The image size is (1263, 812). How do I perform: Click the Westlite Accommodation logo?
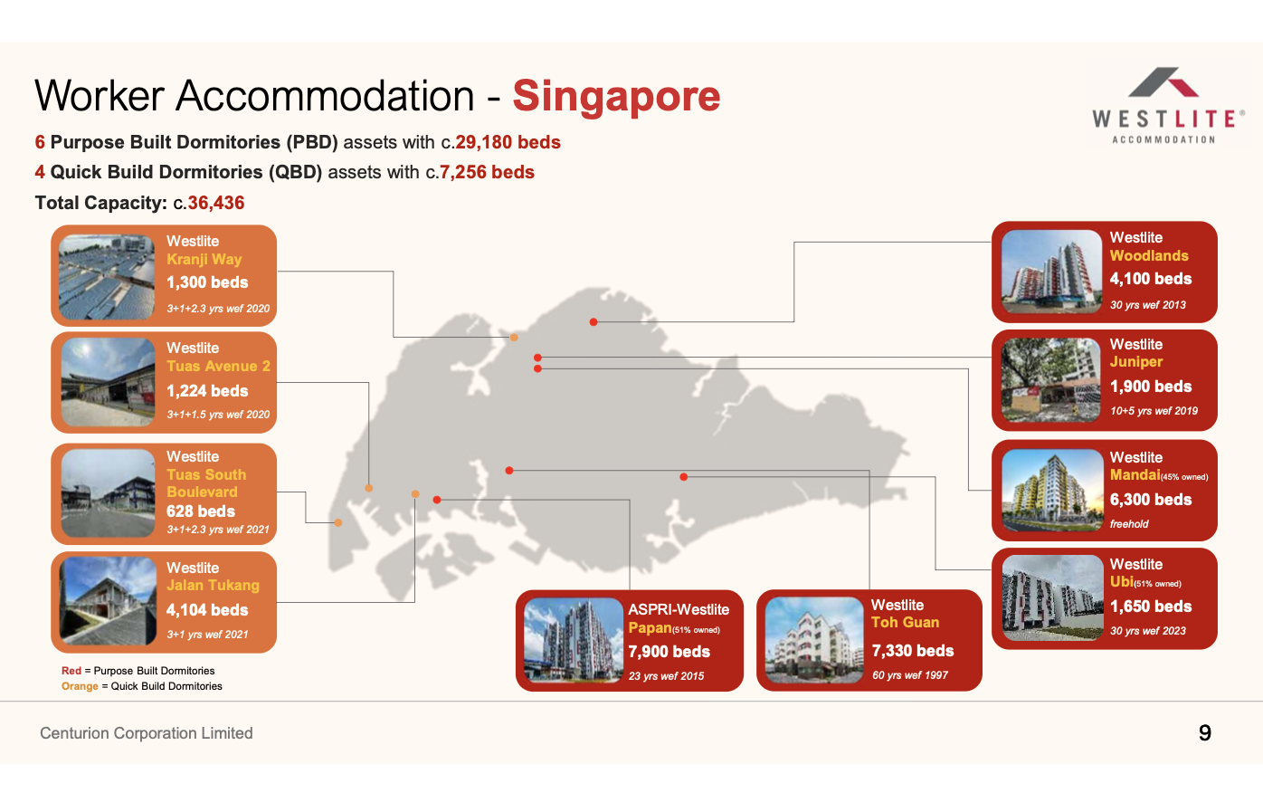1167,106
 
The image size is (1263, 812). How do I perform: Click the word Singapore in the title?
616,96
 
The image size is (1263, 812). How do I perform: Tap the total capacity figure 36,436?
216,203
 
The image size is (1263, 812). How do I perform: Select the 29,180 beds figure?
508,142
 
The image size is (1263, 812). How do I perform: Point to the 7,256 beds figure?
487,172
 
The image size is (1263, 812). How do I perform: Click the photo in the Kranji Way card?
107,277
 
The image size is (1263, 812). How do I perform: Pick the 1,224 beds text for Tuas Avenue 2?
207,390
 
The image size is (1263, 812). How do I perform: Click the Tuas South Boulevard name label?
206,483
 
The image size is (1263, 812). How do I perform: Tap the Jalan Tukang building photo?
109,600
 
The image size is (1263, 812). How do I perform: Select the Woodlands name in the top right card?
1149,255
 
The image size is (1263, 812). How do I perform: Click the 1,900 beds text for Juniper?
1151,386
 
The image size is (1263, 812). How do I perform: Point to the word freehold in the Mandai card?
1129,524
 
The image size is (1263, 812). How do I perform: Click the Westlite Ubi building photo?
1053,597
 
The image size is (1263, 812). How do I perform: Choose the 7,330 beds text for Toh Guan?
913,651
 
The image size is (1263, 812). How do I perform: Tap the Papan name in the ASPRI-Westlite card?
650,627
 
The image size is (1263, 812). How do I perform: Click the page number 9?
1205,732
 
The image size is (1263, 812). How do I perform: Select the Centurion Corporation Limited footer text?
146,733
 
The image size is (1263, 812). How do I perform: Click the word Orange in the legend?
80,686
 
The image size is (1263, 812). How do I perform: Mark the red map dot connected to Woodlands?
594,322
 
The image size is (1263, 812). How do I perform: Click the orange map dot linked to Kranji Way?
514,338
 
